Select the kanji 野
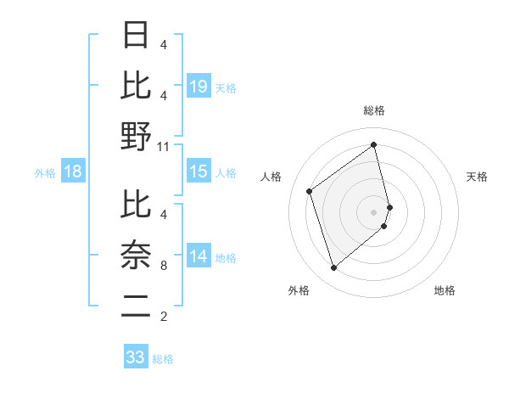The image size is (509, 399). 136,136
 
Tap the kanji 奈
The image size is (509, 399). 136,255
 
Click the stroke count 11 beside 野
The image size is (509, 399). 164,147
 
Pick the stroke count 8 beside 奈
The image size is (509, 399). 164,266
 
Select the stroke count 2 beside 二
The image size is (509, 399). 164,318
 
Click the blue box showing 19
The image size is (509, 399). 199,87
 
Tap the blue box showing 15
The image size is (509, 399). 199,172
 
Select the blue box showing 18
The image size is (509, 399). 73,172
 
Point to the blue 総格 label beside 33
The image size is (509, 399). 163,359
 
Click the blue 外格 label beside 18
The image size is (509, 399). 45,173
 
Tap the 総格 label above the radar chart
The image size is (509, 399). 374,111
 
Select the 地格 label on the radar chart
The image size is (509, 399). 445,291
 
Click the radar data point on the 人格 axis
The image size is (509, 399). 310,191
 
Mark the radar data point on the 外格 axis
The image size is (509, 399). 333,268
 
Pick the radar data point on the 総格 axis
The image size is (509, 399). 374,144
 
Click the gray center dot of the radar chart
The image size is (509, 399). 374,211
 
